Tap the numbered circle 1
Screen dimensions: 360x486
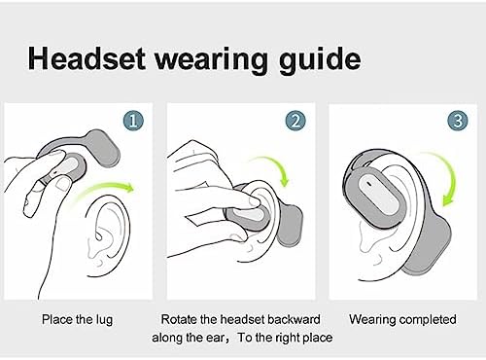(x=135, y=122)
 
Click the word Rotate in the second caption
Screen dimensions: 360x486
(x=182, y=318)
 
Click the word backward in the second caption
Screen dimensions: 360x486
(x=292, y=318)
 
